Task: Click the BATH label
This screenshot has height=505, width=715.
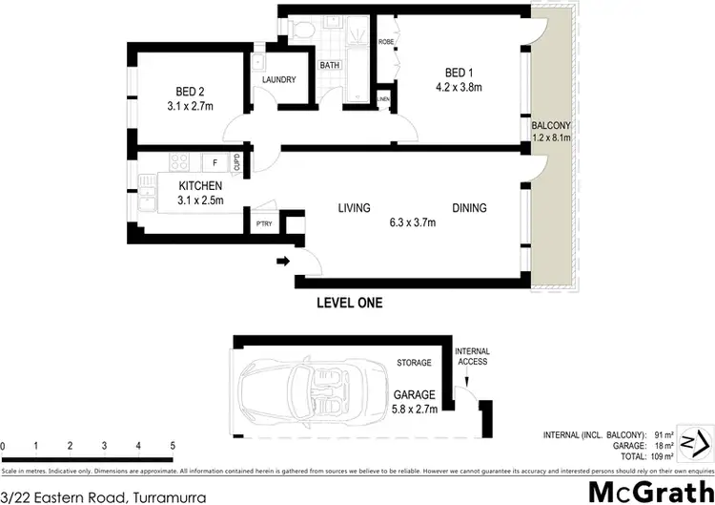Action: point(330,66)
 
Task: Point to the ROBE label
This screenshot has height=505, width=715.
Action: point(386,43)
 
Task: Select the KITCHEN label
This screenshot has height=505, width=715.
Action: point(200,185)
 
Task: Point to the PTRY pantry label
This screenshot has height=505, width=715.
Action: point(264,224)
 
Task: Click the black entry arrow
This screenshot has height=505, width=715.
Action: point(283,260)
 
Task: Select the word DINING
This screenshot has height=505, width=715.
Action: point(469,208)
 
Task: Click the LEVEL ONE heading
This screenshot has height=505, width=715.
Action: point(349,304)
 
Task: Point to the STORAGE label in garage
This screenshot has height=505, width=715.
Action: point(414,363)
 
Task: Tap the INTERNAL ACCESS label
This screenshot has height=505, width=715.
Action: point(471,357)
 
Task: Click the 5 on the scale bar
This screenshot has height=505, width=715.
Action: point(173,446)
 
